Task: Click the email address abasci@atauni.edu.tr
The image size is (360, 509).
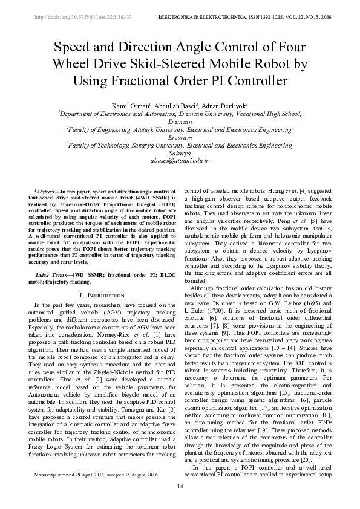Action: [x=180, y=161]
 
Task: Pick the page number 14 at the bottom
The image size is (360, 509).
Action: [x=180, y=487]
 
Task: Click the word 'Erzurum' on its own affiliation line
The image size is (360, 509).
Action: [x=180, y=137]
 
